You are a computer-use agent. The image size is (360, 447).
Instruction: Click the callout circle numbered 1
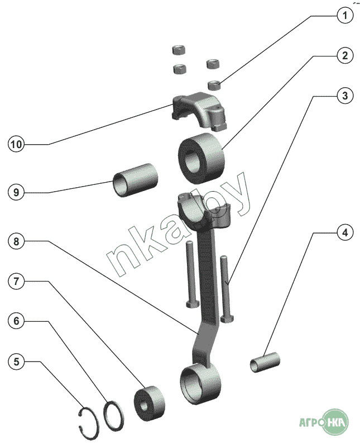pyautogui.click(x=345, y=16)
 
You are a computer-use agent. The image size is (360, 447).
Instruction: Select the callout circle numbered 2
pyautogui.click(x=345, y=55)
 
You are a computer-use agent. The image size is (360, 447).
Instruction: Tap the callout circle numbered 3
pyautogui.click(x=345, y=96)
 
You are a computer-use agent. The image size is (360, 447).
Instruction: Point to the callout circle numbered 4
pyautogui.click(x=345, y=232)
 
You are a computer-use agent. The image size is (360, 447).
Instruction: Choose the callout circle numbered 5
pyautogui.click(x=16, y=362)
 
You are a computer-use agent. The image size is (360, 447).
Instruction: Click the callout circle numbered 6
pyautogui.click(x=16, y=321)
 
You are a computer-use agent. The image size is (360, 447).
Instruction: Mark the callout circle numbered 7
pyautogui.click(x=16, y=282)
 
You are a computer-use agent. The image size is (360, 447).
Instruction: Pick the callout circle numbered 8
pyautogui.click(x=16, y=241)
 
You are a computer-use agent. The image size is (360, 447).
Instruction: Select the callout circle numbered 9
pyautogui.click(x=16, y=192)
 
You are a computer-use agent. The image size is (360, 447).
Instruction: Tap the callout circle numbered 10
pyautogui.click(x=16, y=144)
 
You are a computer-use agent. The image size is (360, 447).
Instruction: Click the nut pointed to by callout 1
pyautogui.click(x=214, y=85)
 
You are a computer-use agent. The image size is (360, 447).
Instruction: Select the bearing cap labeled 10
pyautogui.click(x=199, y=111)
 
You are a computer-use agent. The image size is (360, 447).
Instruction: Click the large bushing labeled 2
pyautogui.click(x=201, y=158)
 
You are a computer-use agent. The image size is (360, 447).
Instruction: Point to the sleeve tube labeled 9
pyautogui.click(x=135, y=179)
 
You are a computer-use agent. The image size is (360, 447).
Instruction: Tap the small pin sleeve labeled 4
pyautogui.click(x=265, y=362)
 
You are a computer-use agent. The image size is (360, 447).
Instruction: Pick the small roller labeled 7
pyautogui.click(x=150, y=403)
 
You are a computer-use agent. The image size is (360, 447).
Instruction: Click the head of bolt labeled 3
pyautogui.click(x=227, y=318)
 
